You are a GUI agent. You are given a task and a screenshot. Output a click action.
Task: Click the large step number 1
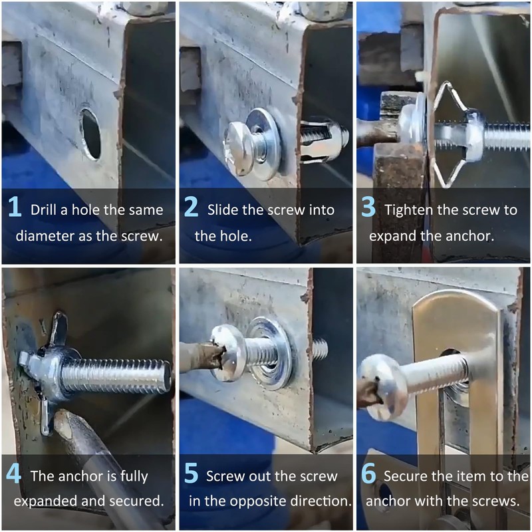[15, 206]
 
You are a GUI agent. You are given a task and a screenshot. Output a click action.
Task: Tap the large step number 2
[192, 206]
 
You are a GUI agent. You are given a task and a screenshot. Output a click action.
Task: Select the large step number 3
[368, 206]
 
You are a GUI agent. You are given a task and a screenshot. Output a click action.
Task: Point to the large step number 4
[13, 473]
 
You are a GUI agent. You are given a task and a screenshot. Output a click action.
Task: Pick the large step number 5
[192, 473]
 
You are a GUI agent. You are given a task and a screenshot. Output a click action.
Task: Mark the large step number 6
[368, 473]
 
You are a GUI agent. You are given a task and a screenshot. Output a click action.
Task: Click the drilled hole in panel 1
[91, 134]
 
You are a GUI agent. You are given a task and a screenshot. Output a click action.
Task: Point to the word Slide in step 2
[222, 209]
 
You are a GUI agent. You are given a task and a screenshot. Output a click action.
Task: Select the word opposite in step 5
[269, 501]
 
